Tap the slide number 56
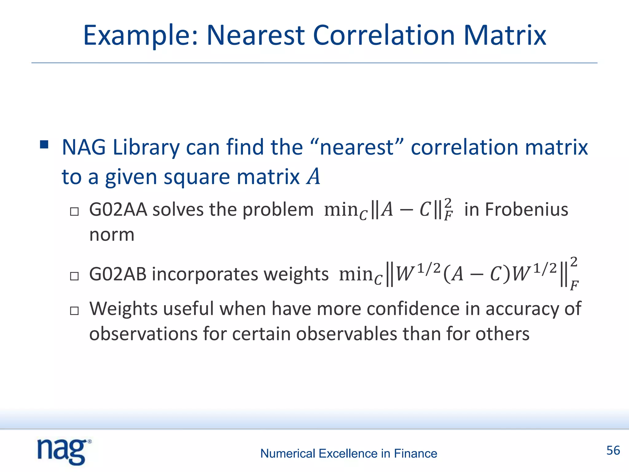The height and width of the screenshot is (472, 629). [613, 450]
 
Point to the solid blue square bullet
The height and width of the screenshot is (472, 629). [44, 144]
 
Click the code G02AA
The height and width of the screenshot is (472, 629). [118, 210]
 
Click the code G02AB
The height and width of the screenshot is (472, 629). [118, 274]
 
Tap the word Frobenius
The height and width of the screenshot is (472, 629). [526, 210]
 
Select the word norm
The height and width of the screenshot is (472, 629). [112, 235]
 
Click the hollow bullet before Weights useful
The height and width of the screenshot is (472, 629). [74, 311]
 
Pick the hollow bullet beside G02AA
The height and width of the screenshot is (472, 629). [74, 212]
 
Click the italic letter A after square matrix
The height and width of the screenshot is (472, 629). [313, 177]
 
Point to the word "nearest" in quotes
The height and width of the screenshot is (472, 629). [357, 147]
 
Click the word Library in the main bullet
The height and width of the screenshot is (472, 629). [146, 148]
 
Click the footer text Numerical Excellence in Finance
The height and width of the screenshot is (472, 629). [349, 454]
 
